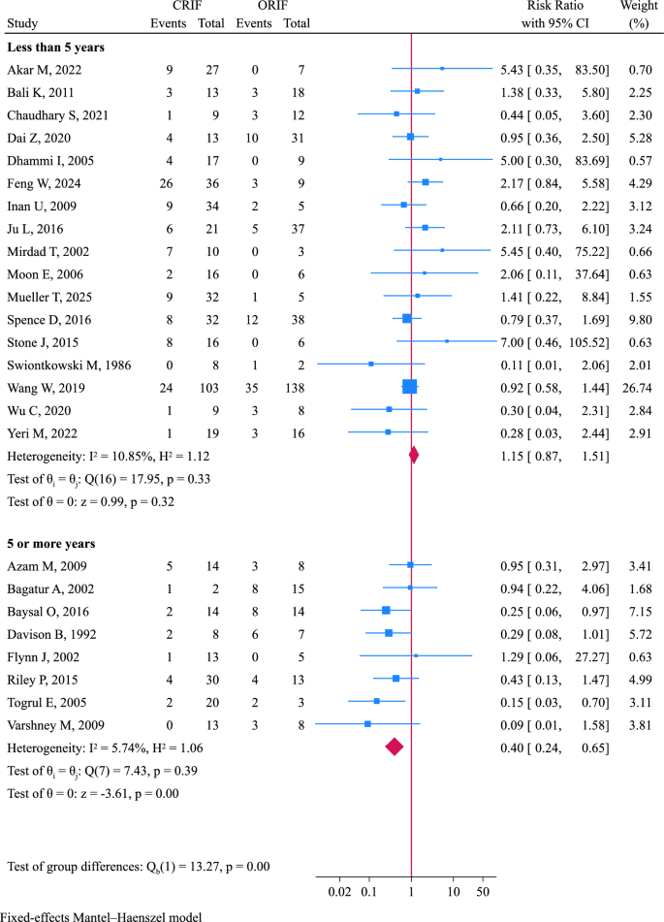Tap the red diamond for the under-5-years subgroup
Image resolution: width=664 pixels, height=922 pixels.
coord(414,455)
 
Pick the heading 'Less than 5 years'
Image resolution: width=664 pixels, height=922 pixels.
coord(56,46)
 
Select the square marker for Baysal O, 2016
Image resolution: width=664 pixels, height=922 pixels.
coord(386,610)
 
